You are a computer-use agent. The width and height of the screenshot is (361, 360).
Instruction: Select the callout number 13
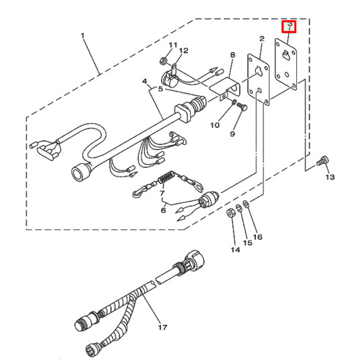coord(329,177)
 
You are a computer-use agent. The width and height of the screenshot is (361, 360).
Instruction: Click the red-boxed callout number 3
coord(289,26)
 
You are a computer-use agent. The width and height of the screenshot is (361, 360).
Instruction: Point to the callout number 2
coord(261,40)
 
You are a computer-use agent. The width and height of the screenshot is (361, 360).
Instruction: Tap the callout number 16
coord(258,237)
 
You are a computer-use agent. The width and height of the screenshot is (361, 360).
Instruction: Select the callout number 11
coord(172,45)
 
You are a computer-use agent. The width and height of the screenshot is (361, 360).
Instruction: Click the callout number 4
coord(144,82)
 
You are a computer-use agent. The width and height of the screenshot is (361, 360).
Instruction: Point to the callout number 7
coord(162,193)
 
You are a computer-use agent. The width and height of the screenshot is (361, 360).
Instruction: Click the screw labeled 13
coord(322,160)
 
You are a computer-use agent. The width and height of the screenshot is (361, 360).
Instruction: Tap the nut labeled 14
coord(230,214)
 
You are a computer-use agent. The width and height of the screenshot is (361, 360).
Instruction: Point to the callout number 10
coord(214,125)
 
